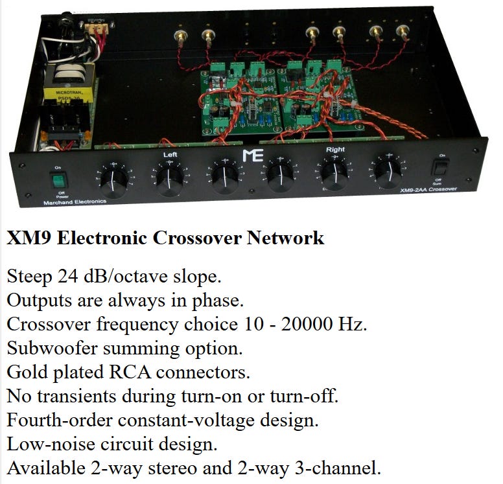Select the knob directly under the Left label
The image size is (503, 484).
point(169,178)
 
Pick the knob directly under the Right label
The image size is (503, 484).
point(335,174)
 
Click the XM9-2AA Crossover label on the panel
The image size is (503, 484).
point(428,189)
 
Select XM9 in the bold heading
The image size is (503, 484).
point(29,238)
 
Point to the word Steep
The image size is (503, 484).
point(29,277)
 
